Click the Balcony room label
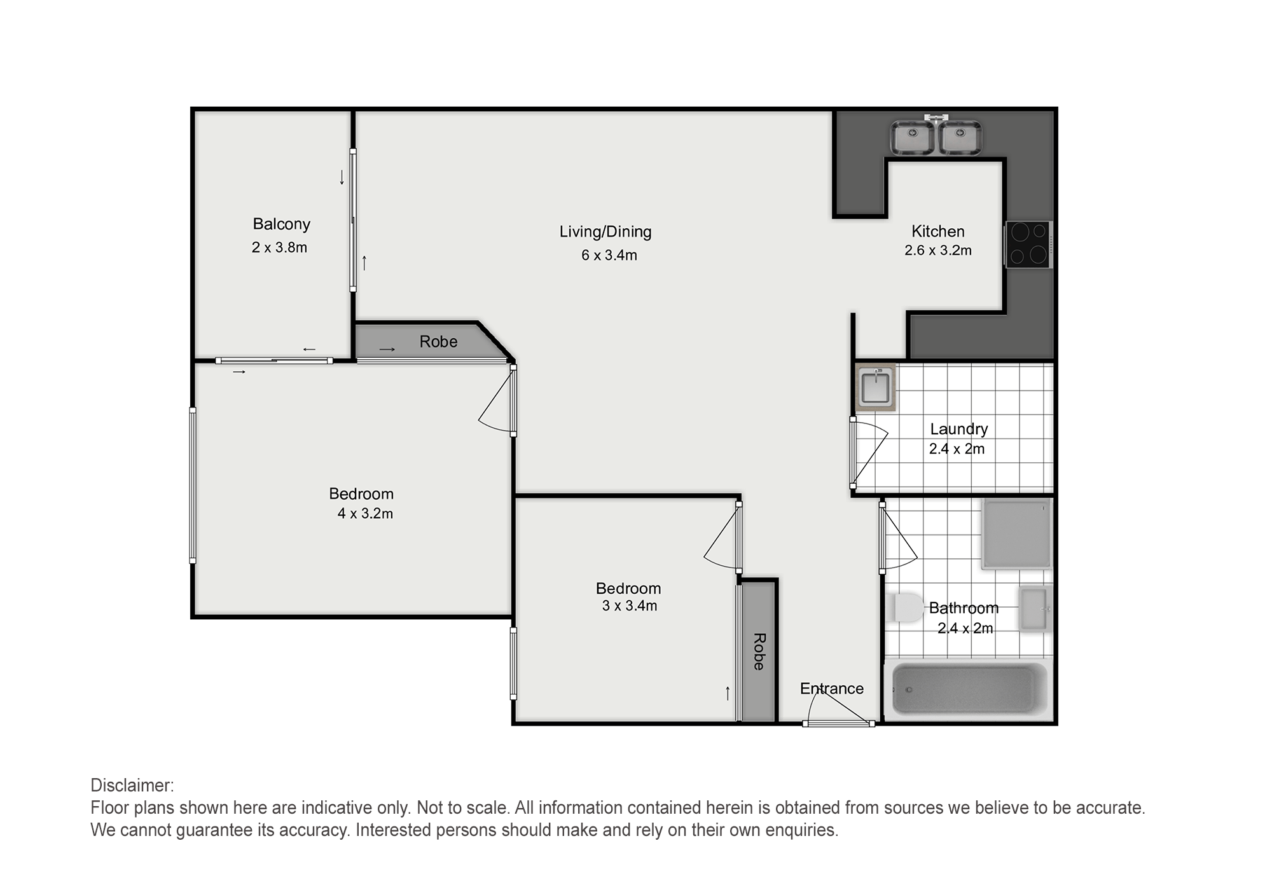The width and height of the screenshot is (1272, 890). [x=281, y=224]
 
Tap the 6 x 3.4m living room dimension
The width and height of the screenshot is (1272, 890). [x=609, y=256]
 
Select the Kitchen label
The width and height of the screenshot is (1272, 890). [x=938, y=231]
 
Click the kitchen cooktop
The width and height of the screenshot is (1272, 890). [x=1028, y=245]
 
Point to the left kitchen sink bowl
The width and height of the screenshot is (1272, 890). [x=913, y=138]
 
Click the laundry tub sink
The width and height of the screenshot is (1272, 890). [x=875, y=387]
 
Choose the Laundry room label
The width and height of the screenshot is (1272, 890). [x=959, y=430]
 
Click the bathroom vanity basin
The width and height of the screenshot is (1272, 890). [x=1035, y=609]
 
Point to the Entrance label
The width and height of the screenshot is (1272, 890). [x=832, y=688]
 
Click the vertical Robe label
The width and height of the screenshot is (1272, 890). [x=759, y=652]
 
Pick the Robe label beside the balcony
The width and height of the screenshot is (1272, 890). [x=438, y=342]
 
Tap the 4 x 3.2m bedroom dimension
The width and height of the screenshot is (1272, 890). [x=365, y=514]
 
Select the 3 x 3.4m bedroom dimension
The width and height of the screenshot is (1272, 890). [x=630, y=606]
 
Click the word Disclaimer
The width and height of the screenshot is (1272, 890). [x=132, y=786]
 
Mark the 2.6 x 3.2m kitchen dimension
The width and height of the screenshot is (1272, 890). [x=938, y=250]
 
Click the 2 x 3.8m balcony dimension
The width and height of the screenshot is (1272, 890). [x=279, y=247]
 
